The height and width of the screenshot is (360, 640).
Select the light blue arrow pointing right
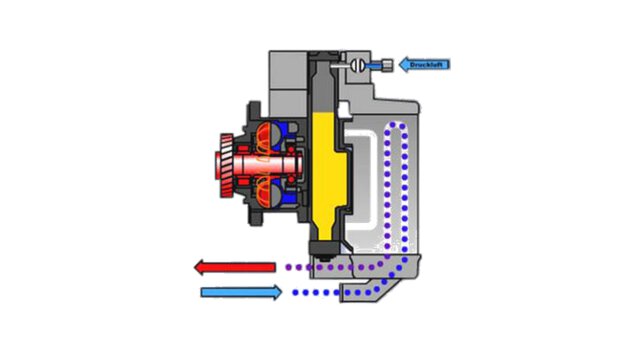click(x=241, y=292)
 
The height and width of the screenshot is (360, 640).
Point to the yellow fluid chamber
click(x=326, y=164)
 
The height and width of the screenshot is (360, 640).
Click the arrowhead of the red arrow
click(x=200, y=268)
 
